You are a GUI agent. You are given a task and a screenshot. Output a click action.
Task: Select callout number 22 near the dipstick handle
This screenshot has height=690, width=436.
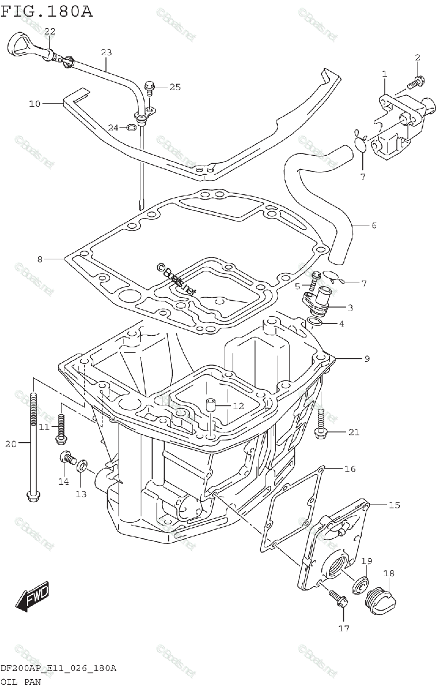click(x=50, y=31)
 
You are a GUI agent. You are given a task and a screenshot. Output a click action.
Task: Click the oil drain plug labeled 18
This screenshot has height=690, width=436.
click(x=380, y=598)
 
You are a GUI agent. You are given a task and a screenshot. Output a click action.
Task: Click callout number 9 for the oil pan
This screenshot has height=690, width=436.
click(x=366, y=359)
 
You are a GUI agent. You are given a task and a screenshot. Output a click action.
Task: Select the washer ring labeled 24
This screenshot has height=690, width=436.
click(x=131, y=126)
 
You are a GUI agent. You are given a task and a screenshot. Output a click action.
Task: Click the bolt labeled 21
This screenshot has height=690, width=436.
click(x=320, y=423)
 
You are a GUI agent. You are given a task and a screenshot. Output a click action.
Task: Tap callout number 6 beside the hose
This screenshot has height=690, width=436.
click(x=373, y=225)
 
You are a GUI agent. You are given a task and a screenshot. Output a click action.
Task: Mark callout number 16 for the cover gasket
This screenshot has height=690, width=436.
click(x=350, y=469)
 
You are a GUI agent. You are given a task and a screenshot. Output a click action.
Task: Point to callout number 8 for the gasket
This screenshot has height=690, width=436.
click(x=40, y=259)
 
